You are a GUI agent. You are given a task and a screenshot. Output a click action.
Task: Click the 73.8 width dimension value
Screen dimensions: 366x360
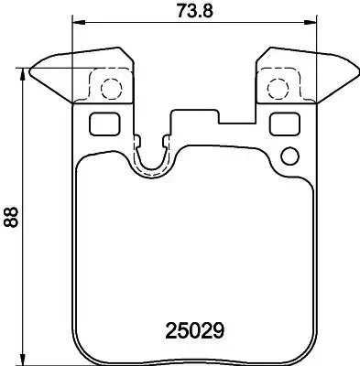click(x=192, y=12)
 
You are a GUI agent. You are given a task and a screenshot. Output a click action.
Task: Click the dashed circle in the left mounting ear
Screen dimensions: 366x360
click(x=109, y=88)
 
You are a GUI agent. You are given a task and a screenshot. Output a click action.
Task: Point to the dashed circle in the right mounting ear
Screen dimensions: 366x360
click(x=277, y=88)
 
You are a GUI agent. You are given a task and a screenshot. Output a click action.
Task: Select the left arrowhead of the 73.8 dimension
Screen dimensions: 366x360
click(x=75, y=23)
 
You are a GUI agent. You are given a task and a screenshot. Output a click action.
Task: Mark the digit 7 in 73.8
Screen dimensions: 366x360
click(x=175, y=12)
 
